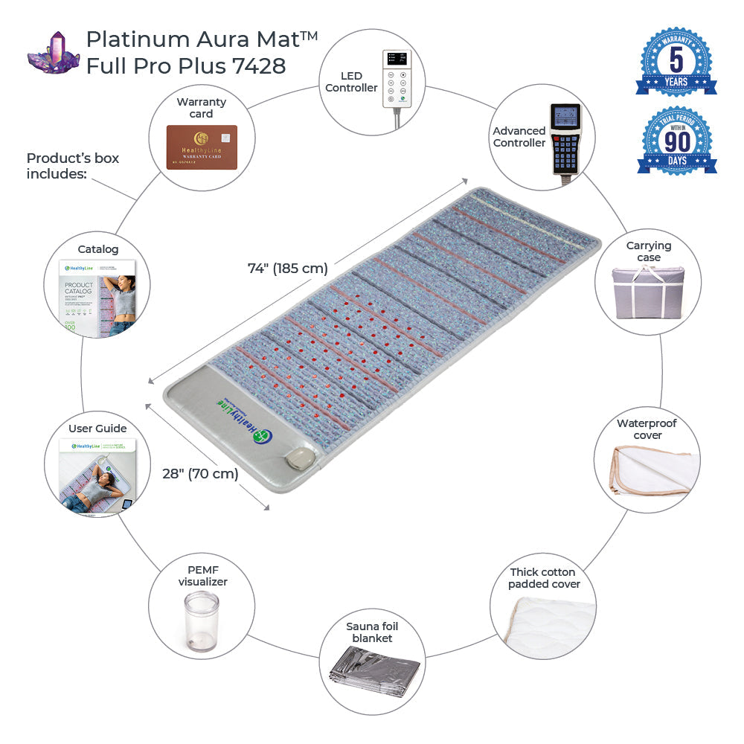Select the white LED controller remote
pos(397,78)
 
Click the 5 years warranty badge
pos(676,62)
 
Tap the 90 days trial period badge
pos(676,141)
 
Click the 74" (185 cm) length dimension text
pos(288,269)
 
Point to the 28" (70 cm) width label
pos(200,473)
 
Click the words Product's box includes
pos(72,165)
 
